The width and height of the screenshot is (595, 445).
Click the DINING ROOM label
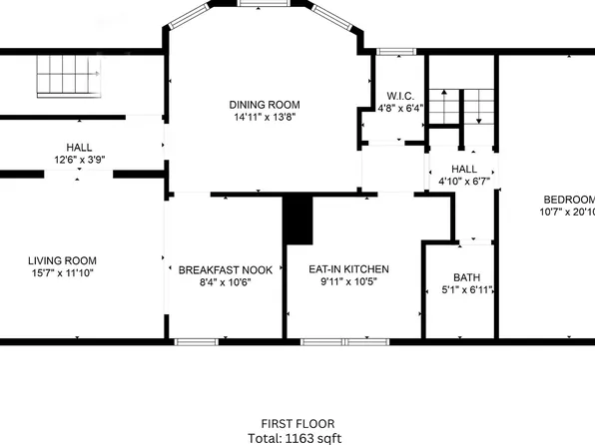(264, 104)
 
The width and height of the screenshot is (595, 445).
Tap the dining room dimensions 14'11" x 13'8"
(264, 117)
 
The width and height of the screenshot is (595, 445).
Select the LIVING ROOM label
(62, 260)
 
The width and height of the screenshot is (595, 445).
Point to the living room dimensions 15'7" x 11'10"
(62, 273)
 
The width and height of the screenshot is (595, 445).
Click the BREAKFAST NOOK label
(226, 269)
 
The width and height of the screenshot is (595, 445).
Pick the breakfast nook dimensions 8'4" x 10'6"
(226, 282)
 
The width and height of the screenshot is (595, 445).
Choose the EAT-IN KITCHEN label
(348, 269)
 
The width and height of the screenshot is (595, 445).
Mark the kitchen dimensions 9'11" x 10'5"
(348, 282)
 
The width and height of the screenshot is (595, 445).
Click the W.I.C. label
(399, 96)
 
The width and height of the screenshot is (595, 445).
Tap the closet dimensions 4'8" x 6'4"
(399, 109)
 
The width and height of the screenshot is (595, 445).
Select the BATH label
(466, 278)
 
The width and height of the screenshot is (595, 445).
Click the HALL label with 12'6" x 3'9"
(80, 147)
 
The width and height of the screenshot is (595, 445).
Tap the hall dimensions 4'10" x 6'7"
(464, 182)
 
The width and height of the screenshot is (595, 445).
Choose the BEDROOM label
(569, 198)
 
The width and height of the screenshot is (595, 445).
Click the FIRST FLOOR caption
(299, 423)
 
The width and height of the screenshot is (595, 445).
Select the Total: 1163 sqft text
(299, 437)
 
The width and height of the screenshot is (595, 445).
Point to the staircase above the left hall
(70, 76)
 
